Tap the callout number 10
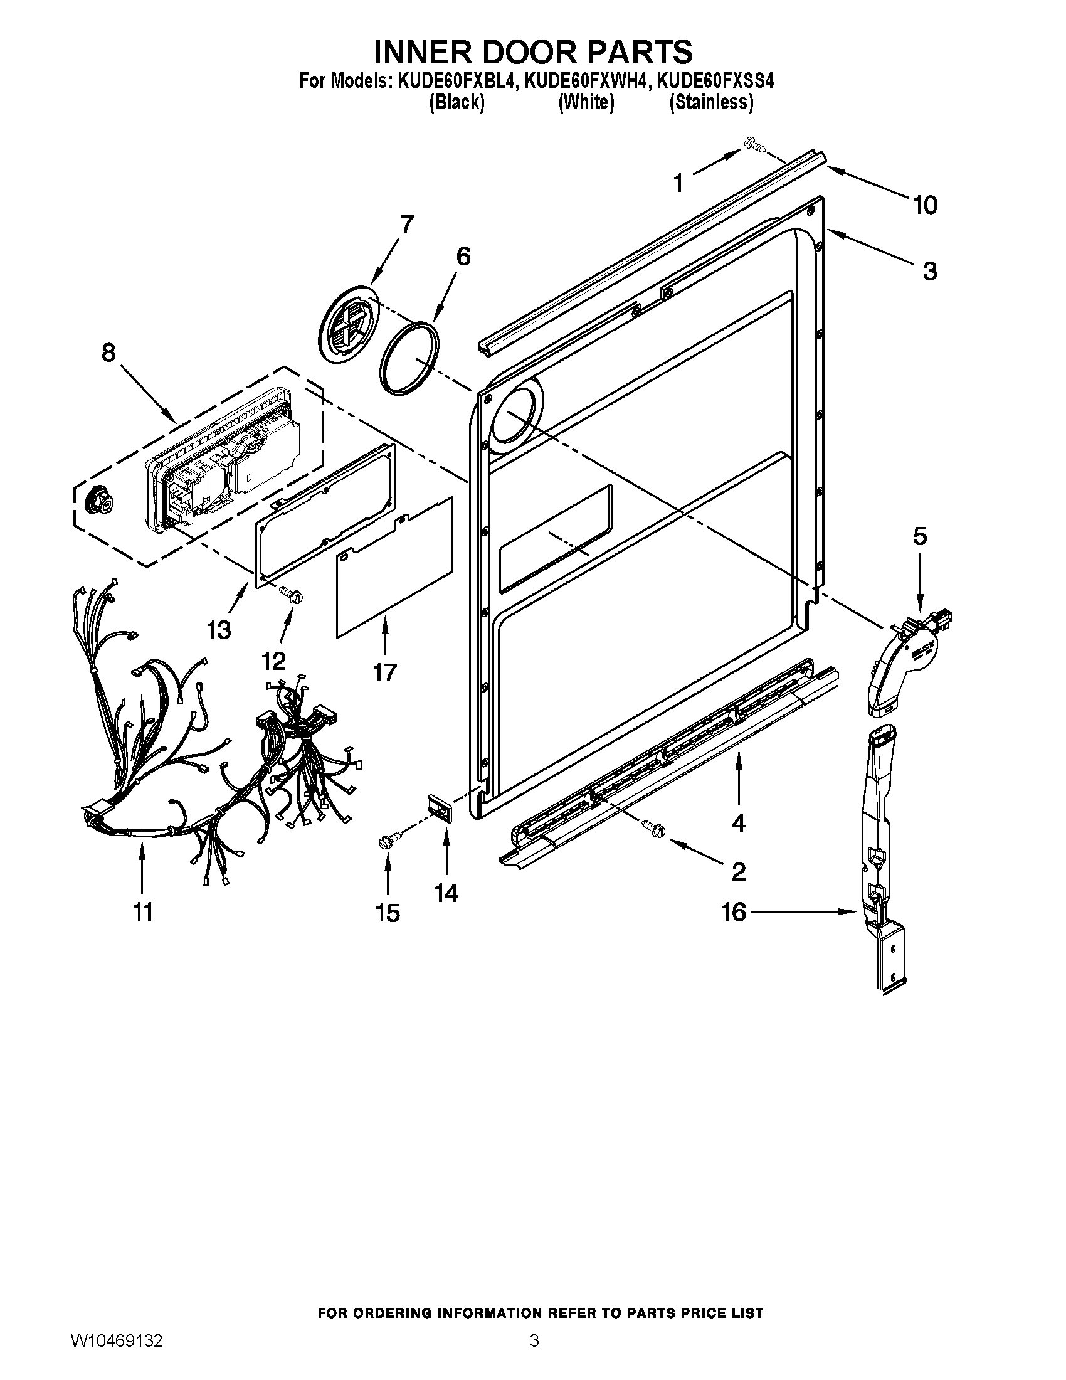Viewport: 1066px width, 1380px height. point(924,205)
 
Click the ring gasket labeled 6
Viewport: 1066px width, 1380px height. point(409,358)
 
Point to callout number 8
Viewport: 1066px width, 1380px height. point(108,353)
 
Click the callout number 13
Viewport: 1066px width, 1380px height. point(219,630)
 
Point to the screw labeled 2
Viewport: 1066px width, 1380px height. point(652,826)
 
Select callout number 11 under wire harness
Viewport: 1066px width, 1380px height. point(144,913)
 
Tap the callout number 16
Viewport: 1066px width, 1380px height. point(734,912)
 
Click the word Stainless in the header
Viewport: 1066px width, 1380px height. point(711,102)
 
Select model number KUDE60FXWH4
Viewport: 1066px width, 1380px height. point(586,82)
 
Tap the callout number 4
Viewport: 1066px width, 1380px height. point(738,823)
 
